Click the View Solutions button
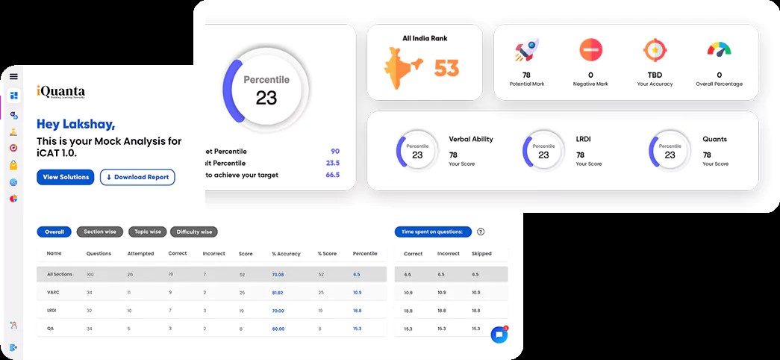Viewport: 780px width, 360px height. pos(65,177)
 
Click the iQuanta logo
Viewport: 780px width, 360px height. pos(61,93)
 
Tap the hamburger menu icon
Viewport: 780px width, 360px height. pos(13,76)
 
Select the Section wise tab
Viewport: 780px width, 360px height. pos(100,232)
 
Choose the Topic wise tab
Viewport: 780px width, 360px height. pos(146,232)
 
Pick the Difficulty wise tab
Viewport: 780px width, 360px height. pos(194,232)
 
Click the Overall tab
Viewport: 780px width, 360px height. pos(54,232)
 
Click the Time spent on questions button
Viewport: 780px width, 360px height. pos(433,232)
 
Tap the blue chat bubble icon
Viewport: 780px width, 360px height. pos(499,335)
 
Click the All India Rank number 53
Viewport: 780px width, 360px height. pos(446,69)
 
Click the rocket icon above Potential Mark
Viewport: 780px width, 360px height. pos(526,51)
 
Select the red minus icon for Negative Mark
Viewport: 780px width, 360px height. pos(590,51)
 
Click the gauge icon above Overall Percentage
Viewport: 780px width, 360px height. pos(719,51)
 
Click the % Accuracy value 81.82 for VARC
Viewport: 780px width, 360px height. pos(278,291)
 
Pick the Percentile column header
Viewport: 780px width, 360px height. pos(365,253)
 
